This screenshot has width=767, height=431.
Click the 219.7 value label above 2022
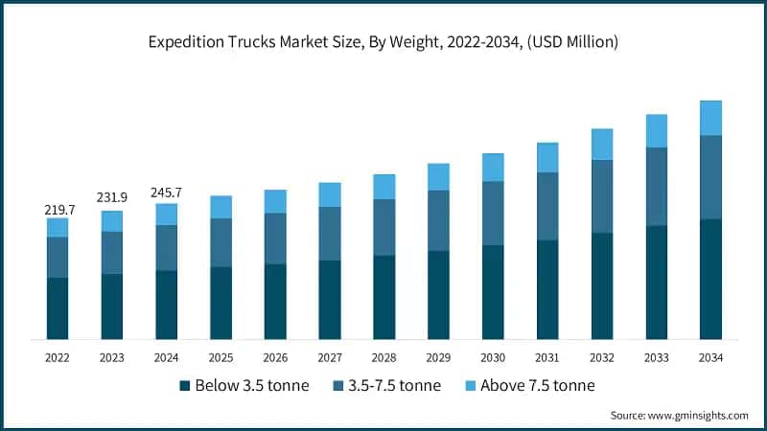[x=58, y=209]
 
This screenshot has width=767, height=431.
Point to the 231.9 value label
[x=112, y=197]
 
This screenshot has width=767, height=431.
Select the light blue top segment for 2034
[x=710, y=118]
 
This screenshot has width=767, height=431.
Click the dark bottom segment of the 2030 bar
[x=493, y=292]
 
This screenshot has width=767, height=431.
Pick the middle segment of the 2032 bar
[x=602, y=196]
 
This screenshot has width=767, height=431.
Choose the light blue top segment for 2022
[x=58, y=227]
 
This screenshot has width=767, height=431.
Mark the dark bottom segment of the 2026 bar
[x=275, y=302]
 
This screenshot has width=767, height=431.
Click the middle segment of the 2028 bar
[x=384, y=227]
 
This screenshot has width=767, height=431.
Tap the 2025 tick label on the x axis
[x=221, y=357]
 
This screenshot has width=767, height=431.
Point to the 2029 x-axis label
[x=438, y=357]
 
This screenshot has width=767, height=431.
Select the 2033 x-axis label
[x=656, y=357]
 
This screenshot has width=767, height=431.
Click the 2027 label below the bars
[x=330, y=357]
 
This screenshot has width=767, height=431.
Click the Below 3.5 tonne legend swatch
[x=184, y=386]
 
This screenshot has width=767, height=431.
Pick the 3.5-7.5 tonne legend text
[x=393, y=386]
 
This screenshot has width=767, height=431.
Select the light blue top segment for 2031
[x=547, y=158]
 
